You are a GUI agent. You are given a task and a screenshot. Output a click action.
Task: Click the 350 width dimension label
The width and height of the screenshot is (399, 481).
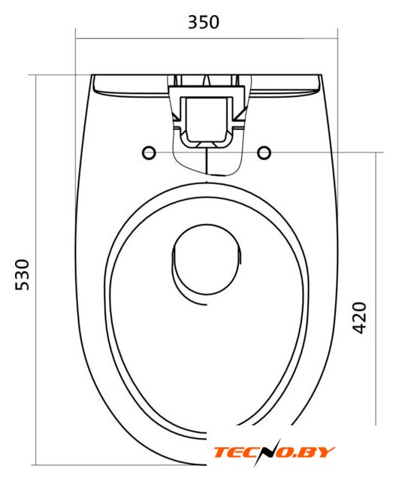coord(204,22)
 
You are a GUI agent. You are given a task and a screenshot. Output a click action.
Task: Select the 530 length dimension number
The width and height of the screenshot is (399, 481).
coord(23,274)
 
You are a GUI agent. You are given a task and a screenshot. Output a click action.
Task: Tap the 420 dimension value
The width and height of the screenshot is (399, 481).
coord(359,317)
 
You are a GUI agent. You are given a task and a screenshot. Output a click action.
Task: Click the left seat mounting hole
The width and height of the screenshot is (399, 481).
coord(149,153)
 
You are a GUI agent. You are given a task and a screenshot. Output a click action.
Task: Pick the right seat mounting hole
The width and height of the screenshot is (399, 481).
coord(264,153)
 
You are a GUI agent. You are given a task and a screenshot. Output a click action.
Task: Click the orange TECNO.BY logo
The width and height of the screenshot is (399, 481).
coord(274,452)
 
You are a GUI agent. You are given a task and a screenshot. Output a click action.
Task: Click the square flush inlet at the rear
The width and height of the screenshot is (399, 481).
coord(206,119)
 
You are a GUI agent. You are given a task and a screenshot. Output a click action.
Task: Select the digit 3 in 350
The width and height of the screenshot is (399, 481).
coord(193,22)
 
